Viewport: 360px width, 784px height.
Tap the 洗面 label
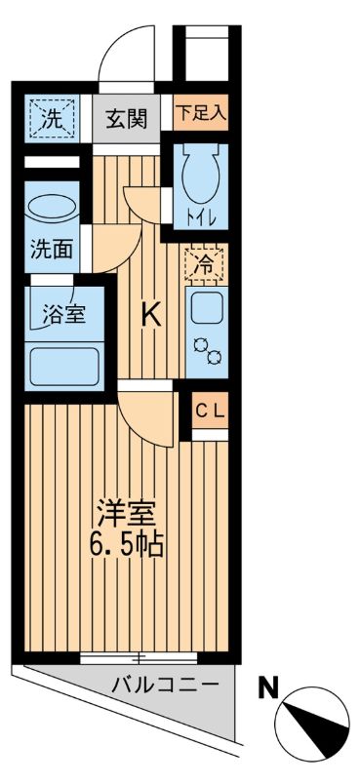[x=51, y=249]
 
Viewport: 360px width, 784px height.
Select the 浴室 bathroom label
[x=62, y=314]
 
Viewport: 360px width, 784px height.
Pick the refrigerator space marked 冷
[x=205, y=264]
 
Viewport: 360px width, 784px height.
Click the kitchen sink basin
[x=206, y=311]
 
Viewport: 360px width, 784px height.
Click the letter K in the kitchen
[x=150, y=314]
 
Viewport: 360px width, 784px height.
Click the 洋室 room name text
[x=127, y=511]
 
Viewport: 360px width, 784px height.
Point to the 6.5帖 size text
[x=127, y=543]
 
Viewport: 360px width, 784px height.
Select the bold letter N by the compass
[x=266, y=688]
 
